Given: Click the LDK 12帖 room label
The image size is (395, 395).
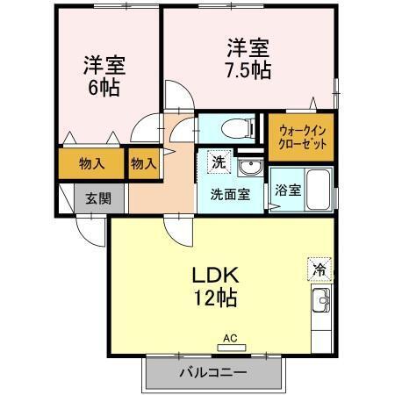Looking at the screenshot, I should click(214, 284).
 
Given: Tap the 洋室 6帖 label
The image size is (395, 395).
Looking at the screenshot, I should click(103, 75).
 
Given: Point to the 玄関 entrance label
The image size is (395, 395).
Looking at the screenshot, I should click(97, 198).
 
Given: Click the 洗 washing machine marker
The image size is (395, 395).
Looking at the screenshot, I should click(216, 162).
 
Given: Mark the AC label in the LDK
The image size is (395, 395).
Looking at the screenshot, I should click(230, 337).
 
